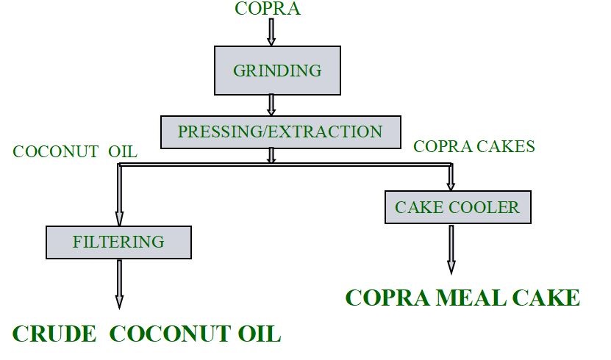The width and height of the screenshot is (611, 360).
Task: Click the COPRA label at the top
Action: [268, 9]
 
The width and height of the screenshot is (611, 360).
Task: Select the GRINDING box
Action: [277, 71]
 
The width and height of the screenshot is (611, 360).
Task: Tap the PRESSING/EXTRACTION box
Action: [280, 132]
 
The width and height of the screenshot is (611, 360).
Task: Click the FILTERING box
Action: [118, 242]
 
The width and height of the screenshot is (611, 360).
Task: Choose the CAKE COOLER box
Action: [457, 207]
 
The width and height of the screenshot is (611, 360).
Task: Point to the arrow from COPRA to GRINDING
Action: [271, 32]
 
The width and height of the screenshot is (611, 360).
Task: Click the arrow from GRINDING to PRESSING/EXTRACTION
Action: [271, 104]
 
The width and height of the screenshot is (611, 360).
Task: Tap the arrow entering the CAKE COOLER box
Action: [451, 177]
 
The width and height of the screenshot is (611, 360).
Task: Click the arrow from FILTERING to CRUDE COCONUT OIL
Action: [119, 284]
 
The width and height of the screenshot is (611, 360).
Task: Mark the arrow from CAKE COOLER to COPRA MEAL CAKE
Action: [451, 249]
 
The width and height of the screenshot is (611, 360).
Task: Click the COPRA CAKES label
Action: [474, 146]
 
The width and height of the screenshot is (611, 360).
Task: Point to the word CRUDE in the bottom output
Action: [54, 334]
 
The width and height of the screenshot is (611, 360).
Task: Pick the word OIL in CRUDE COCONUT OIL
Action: [260, 334]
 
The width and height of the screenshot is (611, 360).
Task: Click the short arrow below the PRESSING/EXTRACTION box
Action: [271, 155]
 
